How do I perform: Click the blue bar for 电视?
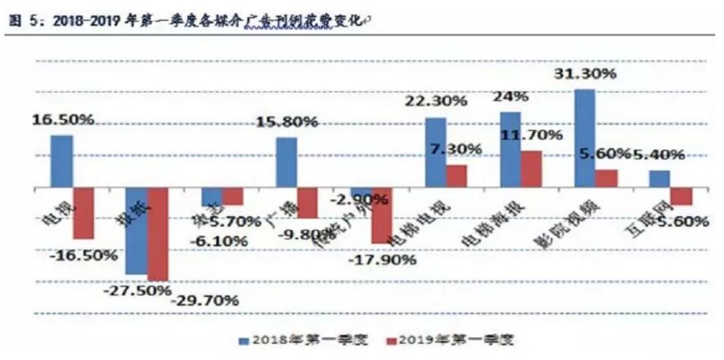click(61, 162)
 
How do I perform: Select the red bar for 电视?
click(84, 213)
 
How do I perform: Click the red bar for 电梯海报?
click(532, 169)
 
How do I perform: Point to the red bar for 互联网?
click(682, 196)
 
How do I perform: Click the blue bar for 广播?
click(286, 162)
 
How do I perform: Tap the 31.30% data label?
click(584, 74)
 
